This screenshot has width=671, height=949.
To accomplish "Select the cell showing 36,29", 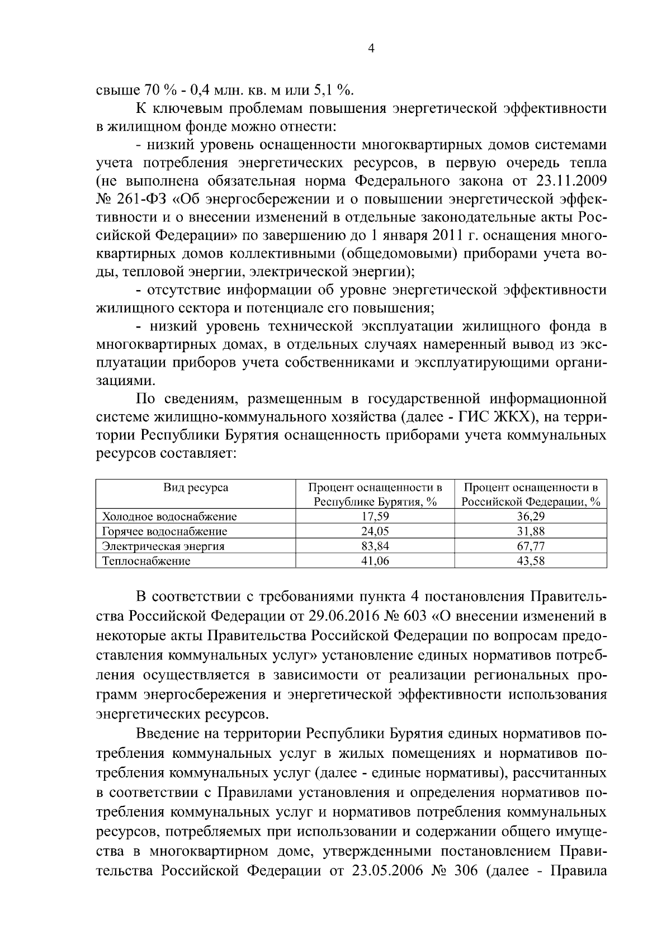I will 531,516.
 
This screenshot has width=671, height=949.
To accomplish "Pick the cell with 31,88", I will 531,532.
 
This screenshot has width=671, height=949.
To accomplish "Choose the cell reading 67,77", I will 531,546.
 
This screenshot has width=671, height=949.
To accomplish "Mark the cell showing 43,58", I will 531,561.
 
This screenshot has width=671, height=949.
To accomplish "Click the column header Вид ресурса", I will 196,487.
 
